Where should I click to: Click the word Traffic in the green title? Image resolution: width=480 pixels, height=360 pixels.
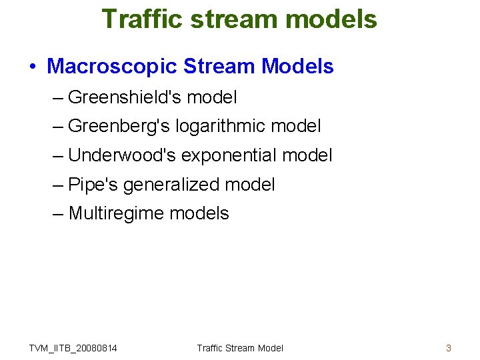coord(142,19)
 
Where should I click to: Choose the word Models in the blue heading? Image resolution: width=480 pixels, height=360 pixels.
coord(297,66)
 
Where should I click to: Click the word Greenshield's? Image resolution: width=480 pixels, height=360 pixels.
coord(125,97)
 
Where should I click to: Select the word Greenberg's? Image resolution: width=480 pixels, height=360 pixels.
coord(119,126)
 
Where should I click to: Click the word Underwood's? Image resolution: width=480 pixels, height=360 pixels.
coord(122,155)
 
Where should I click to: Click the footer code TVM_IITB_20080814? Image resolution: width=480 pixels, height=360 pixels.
coord(73,347)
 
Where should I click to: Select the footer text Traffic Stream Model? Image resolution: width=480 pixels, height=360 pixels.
coord(240,347)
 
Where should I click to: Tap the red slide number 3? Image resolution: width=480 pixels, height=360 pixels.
coord(449,347)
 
